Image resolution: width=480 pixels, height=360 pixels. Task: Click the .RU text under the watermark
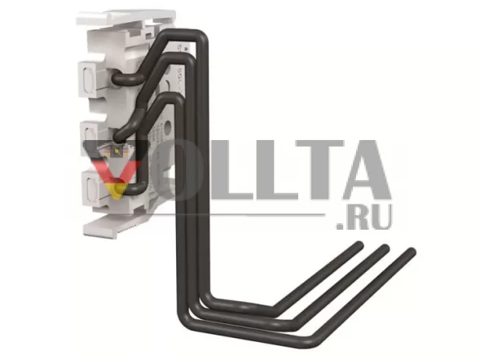(x=364, y=217)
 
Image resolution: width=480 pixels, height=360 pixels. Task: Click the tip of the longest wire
(x=411, y=252)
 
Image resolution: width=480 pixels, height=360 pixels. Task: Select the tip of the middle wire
(x=384, y=249)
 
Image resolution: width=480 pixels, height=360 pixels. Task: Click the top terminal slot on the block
(x=89, y=79)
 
